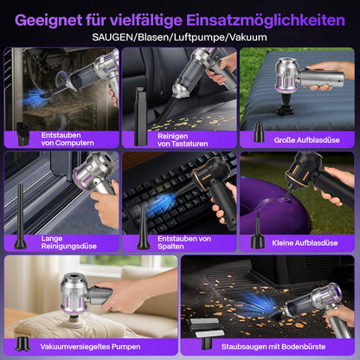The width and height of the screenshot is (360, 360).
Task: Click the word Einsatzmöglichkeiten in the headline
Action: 266,21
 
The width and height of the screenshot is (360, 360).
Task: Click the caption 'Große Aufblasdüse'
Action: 306,140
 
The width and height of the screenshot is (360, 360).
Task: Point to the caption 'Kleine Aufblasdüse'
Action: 305,243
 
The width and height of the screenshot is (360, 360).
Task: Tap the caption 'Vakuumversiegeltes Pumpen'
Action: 90,347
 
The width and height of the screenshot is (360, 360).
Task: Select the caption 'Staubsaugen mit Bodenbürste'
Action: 273,347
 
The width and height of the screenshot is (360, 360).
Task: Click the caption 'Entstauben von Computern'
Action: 67,139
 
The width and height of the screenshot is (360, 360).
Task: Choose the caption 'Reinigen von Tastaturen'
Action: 183,140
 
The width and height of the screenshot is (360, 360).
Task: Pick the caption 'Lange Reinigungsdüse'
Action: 68,242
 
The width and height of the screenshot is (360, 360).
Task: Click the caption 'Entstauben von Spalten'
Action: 184,242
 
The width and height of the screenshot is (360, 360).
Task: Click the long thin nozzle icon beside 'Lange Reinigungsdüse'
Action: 20,216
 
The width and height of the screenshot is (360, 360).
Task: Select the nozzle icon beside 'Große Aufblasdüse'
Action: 259,132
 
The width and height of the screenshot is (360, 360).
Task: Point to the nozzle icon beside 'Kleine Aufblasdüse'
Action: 258,231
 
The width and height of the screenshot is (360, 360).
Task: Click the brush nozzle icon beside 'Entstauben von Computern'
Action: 22,134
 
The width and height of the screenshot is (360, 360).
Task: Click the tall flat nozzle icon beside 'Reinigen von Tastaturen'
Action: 140,117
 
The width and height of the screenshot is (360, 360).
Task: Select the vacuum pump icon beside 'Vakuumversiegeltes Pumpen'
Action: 22,344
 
